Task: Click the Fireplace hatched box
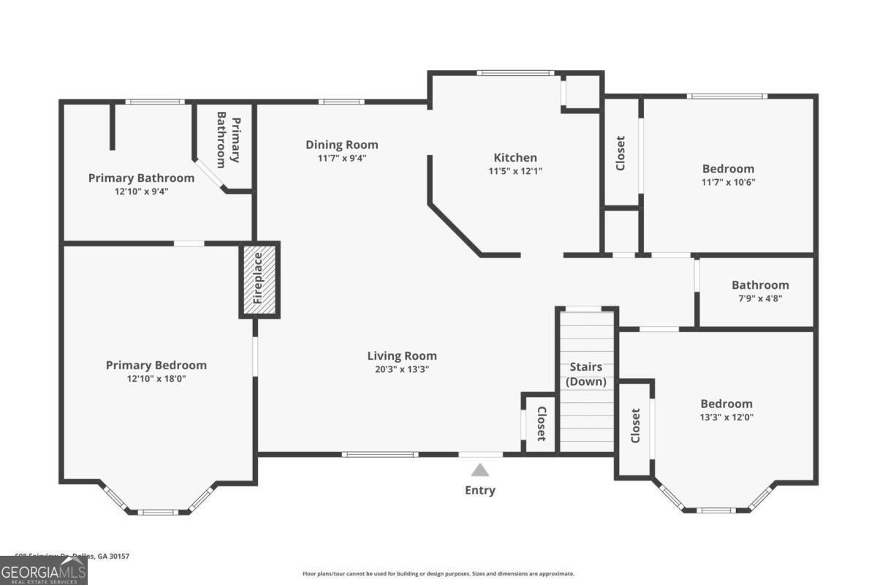(259, 280)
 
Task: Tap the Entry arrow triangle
(479, 470)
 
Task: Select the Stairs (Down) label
(586, 374)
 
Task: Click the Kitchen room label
(515, 157)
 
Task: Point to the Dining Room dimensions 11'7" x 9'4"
(342, 158)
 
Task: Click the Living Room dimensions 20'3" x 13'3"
(402, 369)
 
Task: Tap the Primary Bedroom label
(156, 365)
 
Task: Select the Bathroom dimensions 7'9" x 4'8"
(760, 298)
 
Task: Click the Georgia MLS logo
(44, 570)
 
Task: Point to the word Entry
(480, 490)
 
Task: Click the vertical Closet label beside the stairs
(542, 424)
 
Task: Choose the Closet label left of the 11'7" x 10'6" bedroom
(620, 154)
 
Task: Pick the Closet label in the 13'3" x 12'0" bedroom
(635, 426)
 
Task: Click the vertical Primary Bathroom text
(229, 140)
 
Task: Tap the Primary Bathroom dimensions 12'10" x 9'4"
(141, 191)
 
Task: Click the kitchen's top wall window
(515, 72)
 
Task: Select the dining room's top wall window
(341, 102)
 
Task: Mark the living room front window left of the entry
(380, 454)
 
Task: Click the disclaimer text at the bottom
(438, 574)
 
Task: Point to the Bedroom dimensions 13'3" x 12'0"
(726, 417)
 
